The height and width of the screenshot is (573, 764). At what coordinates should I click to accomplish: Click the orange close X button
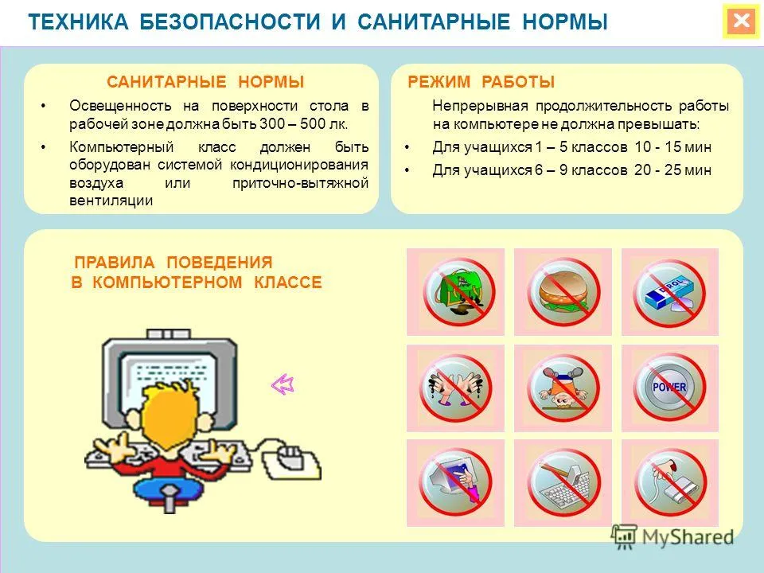(x=741, y=21)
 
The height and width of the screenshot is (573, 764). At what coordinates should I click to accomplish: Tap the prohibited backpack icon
(x=459, y=292)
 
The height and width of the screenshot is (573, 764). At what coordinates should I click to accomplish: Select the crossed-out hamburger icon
(x=563, y=292)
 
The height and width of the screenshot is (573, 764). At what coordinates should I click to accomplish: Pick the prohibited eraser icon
(x=669, y=292)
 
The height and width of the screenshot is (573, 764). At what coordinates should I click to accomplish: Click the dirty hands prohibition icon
(x=455, y=388)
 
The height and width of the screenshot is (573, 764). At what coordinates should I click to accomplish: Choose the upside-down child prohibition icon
(x=563, y=388)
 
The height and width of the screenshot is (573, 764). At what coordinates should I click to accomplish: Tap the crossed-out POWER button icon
(x=669, y=388)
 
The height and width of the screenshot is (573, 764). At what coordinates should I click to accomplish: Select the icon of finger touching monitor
(x=455, y=482)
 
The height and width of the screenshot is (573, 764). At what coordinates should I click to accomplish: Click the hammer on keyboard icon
(x=563, y=482)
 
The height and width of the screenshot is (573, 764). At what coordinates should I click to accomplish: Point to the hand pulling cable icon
(x=670, y=482)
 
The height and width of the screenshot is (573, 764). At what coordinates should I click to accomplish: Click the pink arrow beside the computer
(x=283, y=385)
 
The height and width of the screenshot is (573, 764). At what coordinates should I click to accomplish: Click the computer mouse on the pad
(x=291, y=455)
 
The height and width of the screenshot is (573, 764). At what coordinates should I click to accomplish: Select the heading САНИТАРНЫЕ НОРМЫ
(x=205, y=82)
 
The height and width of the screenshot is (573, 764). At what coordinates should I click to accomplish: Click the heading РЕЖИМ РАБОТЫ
(x=481, y=82)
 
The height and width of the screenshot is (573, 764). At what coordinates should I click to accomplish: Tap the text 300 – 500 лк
(x=303, y=124)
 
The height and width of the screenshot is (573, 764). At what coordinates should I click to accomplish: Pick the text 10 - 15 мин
(x=673, y=147)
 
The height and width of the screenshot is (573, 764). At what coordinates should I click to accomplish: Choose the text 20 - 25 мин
(x=673, y=170)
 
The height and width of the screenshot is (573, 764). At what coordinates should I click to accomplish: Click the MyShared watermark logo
(x=672, y=536)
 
